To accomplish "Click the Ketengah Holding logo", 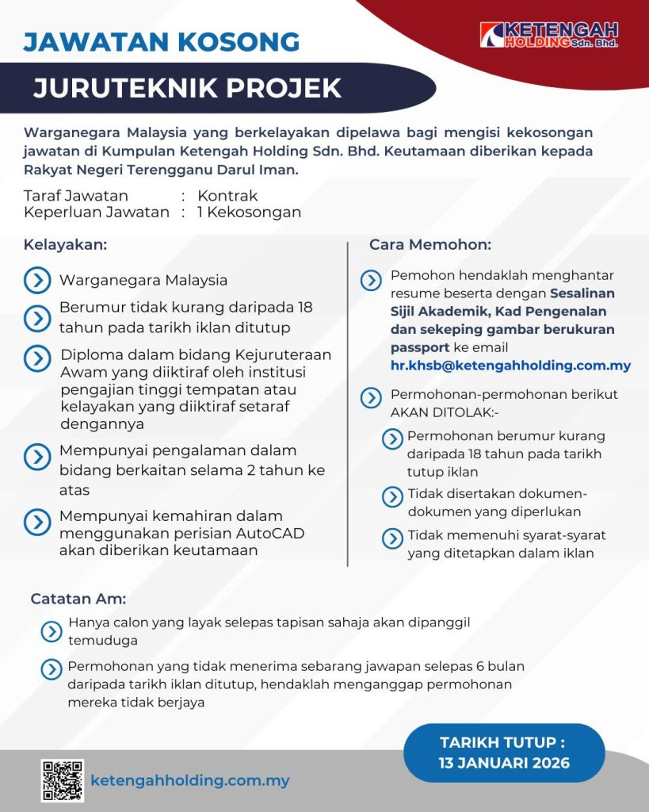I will point(548,35).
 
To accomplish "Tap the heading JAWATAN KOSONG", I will point(162,41).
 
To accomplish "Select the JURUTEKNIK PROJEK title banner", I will point(188,87).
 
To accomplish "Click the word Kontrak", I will point(227,196).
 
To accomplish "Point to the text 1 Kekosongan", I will point(249,213).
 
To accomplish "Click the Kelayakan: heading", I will point(65,245).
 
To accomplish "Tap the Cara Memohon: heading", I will point(430,245).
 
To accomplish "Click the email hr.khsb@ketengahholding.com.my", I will point(510,366).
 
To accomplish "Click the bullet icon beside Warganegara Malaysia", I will point(37,280).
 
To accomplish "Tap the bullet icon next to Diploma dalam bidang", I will point(37,358).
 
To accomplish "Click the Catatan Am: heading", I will point(78,599).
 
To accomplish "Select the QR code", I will point(62,780).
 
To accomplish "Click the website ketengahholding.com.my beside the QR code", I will point(190,780).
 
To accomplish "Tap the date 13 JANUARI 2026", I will point(504,764).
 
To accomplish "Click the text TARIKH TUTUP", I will point(504,743).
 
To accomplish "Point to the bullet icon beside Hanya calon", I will point(52,631).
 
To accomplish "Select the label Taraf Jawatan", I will point(76,196).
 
